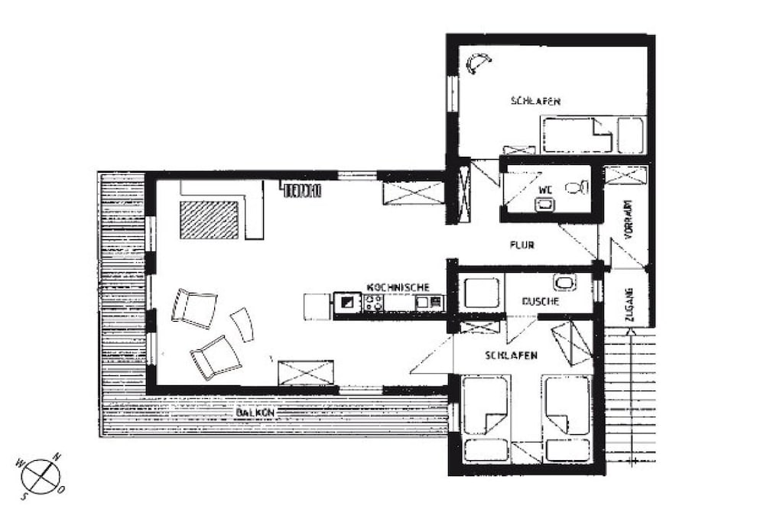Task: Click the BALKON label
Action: (255, 413)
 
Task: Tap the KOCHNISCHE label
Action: (398, 287)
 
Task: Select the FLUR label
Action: (522, 245)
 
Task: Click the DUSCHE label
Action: (541, 301)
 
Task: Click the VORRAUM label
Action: (629, 219)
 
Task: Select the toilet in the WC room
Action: (576, 187)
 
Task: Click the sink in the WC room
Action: (544, 203)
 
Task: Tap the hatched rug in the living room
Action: (210, 219)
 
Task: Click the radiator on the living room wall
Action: (301, 190)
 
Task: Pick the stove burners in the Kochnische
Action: (374, 302)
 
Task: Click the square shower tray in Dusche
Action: (482, 293)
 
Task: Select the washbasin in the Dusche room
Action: (565, 283)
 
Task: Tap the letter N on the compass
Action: (57, 456)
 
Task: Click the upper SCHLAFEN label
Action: (535, 101)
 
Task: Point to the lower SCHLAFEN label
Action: (511, 355)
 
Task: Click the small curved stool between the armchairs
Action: (242, 324)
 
